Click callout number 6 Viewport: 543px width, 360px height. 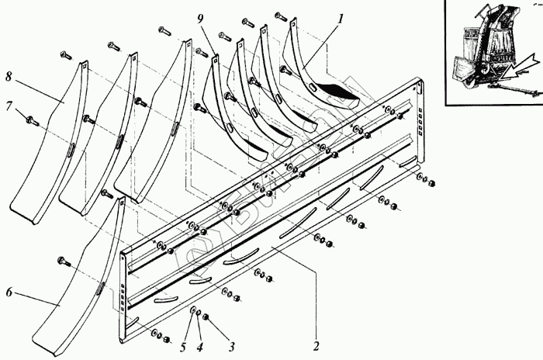9,292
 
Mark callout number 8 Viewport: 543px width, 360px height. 9,76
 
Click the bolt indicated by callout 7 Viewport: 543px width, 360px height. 32,120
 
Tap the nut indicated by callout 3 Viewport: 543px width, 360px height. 206,317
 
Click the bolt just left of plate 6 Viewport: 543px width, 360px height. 63,261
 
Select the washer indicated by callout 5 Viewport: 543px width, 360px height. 192,310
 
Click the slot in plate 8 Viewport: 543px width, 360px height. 71,149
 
